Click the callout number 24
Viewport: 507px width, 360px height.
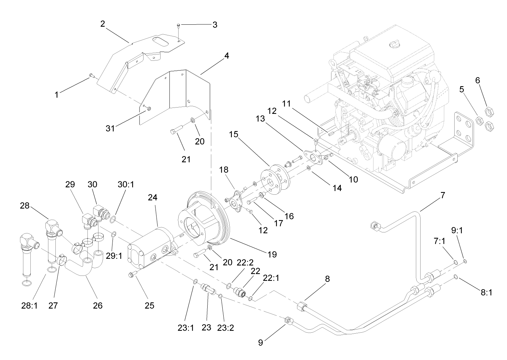click(152, 198)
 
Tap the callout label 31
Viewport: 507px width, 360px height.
click(110, 128)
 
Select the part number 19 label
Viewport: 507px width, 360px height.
click(272, 254)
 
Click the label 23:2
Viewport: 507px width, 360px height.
click(225, 327)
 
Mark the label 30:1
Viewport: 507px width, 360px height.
click(126, 184)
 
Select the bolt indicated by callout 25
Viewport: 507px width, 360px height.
click(131, 275)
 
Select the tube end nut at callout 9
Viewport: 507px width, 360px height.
click(288, 320)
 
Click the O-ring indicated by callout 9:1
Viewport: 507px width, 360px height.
click(465, 261)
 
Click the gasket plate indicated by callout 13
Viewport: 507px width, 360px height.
click(313, 157)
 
